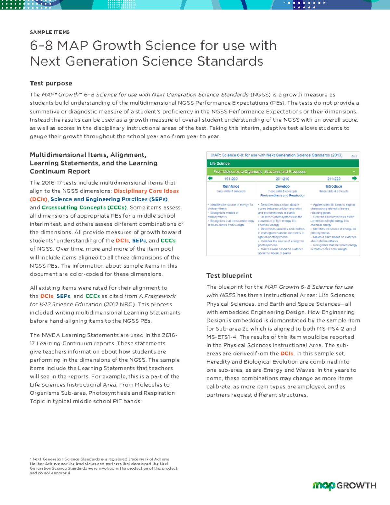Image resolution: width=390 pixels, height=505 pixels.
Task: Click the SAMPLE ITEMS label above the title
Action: (49, 32)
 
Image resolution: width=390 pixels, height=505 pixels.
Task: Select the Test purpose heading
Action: (51, 83)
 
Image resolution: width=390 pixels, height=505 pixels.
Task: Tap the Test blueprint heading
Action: (229, 275)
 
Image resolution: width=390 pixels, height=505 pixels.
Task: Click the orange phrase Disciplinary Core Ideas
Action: (146, 191)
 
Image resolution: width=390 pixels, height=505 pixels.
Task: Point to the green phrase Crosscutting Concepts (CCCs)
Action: (84, 207)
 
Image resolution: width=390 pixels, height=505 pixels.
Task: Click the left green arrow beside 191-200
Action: (210, 178)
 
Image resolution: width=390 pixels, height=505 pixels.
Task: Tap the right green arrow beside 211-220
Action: (355, 178)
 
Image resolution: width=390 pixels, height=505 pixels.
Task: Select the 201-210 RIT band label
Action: (282, 179)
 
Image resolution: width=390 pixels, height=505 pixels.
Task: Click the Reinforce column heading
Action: (231, 186)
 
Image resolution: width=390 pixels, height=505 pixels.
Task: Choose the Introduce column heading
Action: (333, 186)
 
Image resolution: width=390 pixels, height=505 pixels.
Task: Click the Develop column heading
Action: (282, 186)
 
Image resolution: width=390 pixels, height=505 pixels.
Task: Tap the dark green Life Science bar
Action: (282, 163)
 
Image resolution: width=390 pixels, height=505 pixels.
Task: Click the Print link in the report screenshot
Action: (354, 156)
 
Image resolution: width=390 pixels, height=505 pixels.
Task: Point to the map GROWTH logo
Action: (344, 485)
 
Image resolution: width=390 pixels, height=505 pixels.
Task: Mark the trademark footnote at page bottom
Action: (104, 466)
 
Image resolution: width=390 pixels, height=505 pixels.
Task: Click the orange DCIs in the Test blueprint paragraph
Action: (287, 353)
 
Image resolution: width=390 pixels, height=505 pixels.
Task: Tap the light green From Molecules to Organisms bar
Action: (282, 171)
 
